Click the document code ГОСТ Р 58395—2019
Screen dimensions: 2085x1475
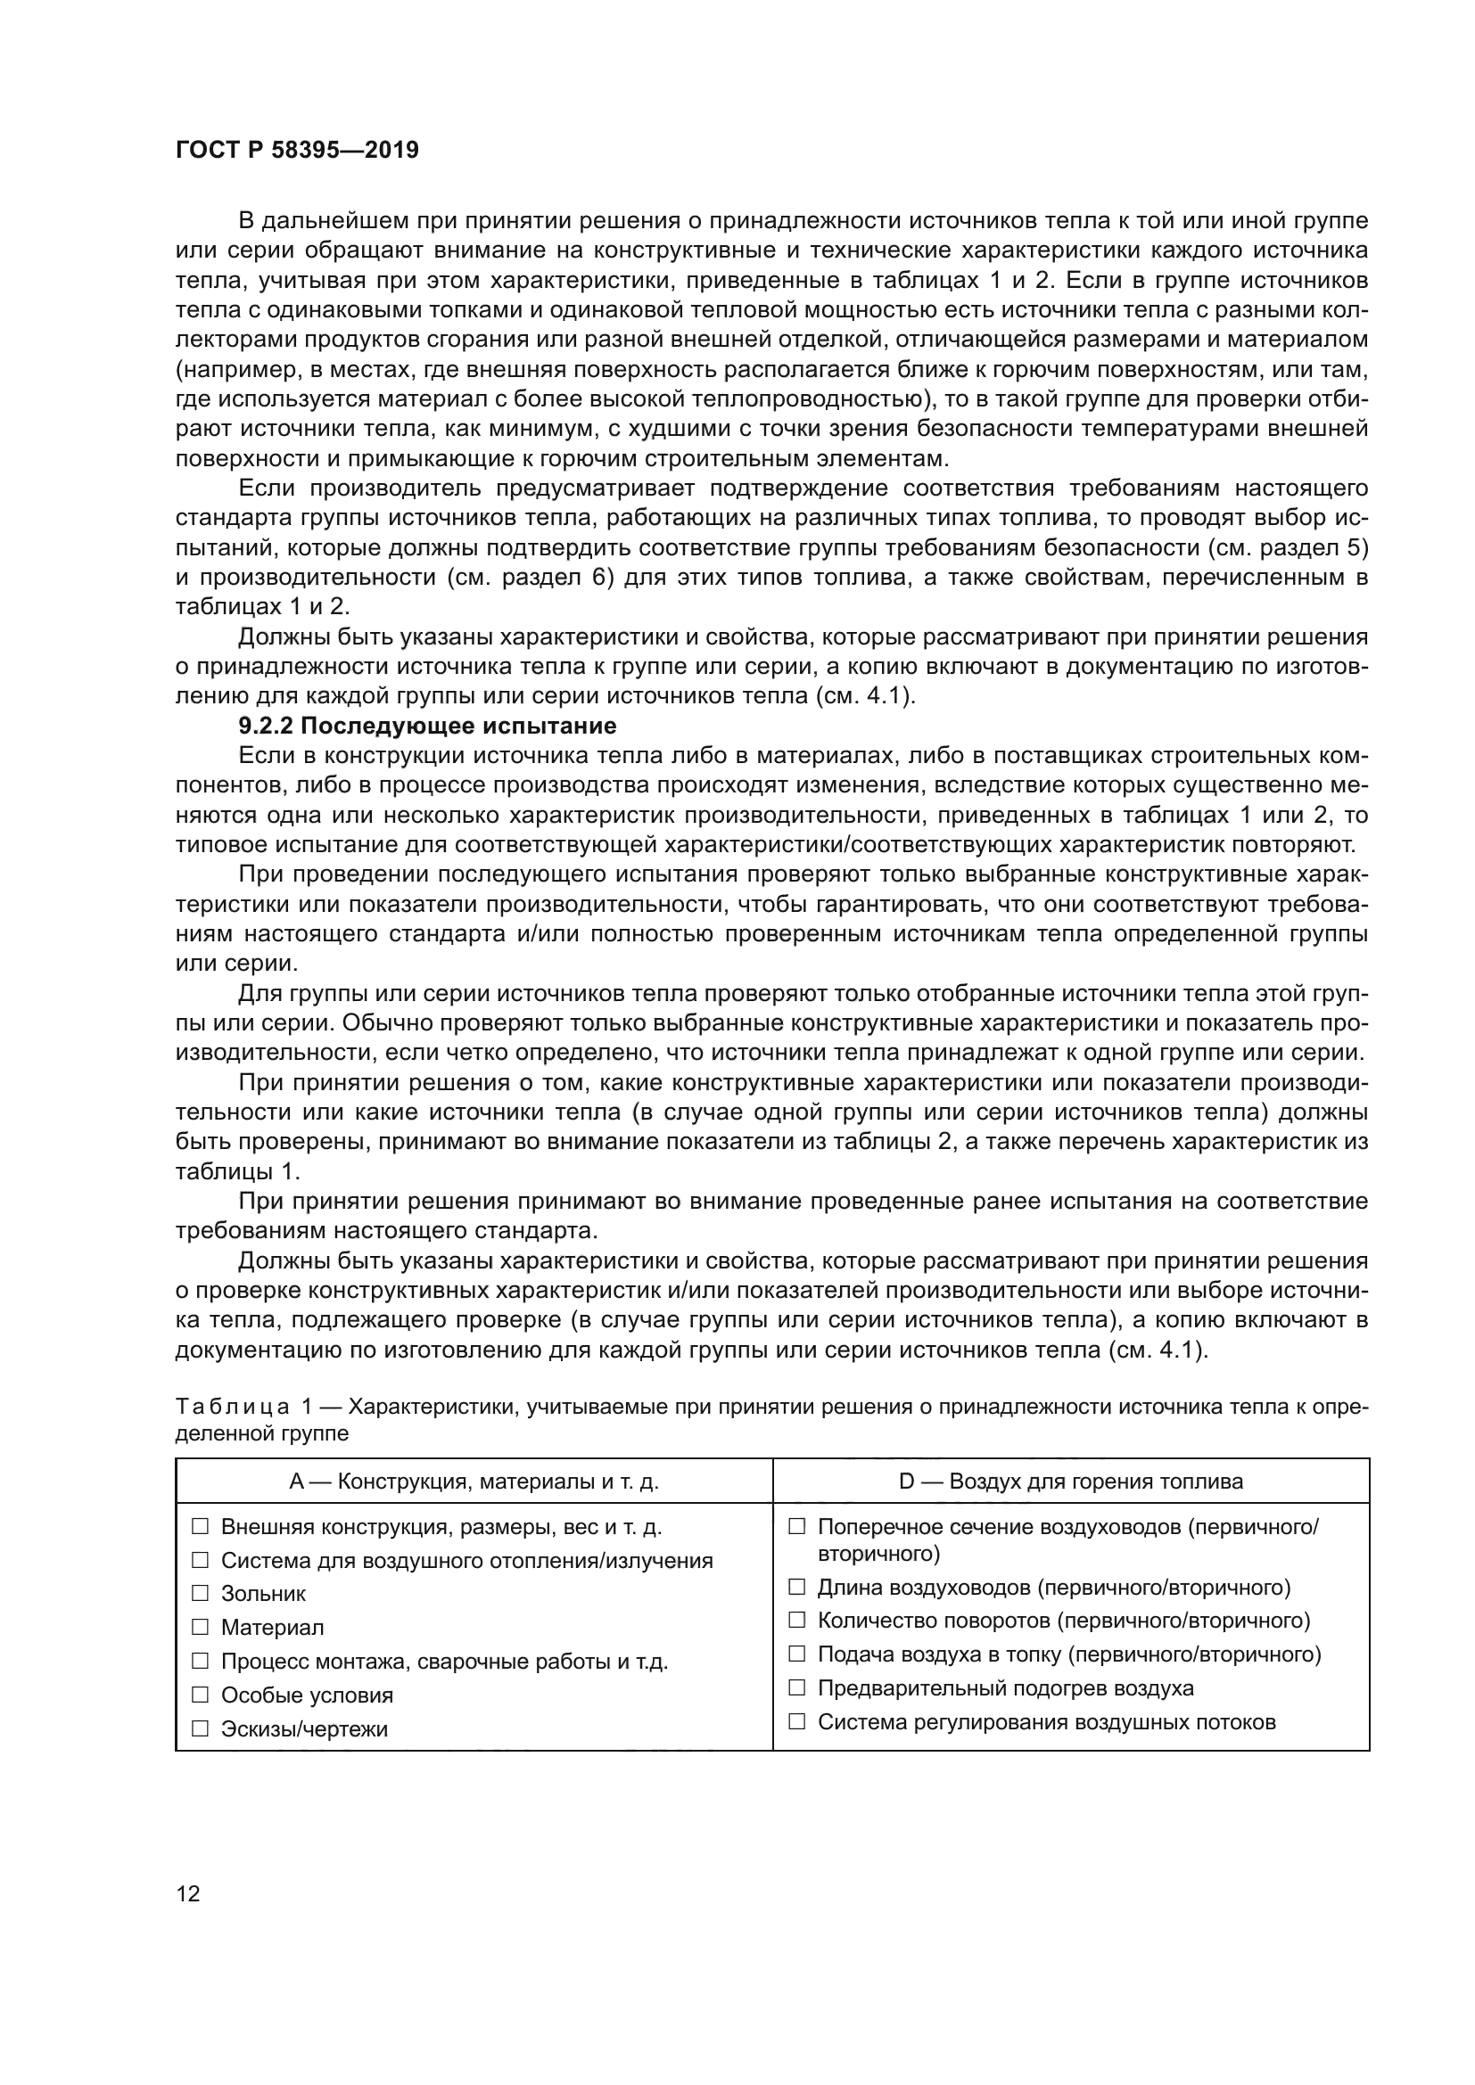[297, 151]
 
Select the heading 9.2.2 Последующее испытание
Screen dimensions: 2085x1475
[427, 726]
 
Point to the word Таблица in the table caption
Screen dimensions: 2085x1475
[233, 1407]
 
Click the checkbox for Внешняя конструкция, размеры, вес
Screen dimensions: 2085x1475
[200, 1525]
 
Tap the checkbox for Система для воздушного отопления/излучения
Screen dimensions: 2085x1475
[200, 1560]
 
